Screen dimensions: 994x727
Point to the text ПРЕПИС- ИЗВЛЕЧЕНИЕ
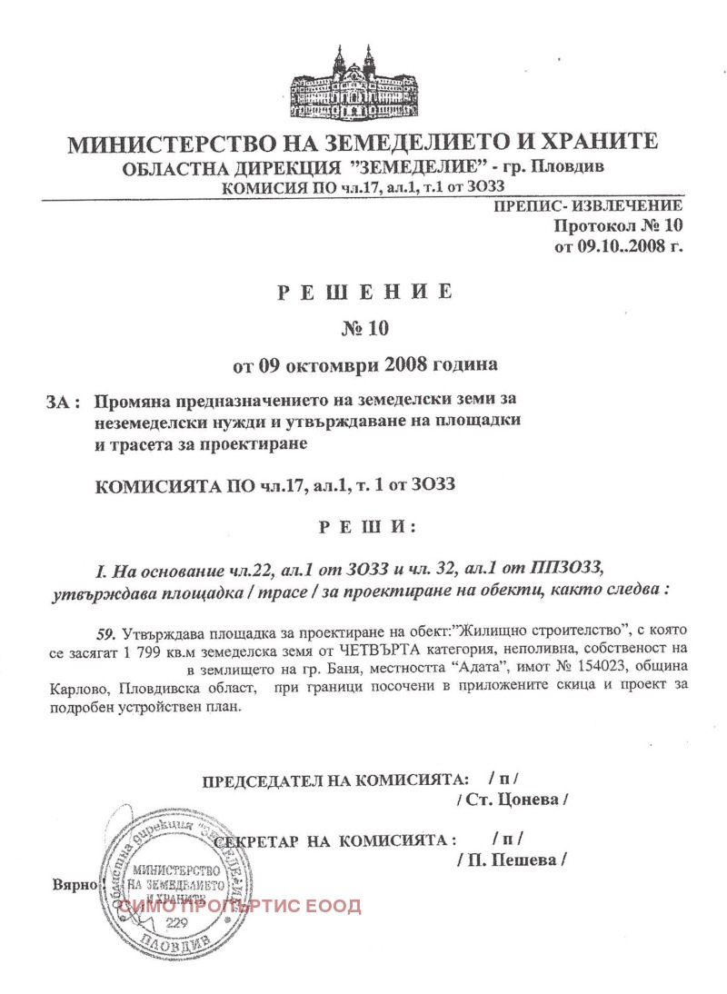(x=588, y=206)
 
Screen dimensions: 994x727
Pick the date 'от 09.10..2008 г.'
(x=617, y=244)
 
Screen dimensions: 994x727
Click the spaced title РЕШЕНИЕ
(x=363, y=292)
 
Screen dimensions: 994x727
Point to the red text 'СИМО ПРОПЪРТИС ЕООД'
(x=241, y=905)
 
